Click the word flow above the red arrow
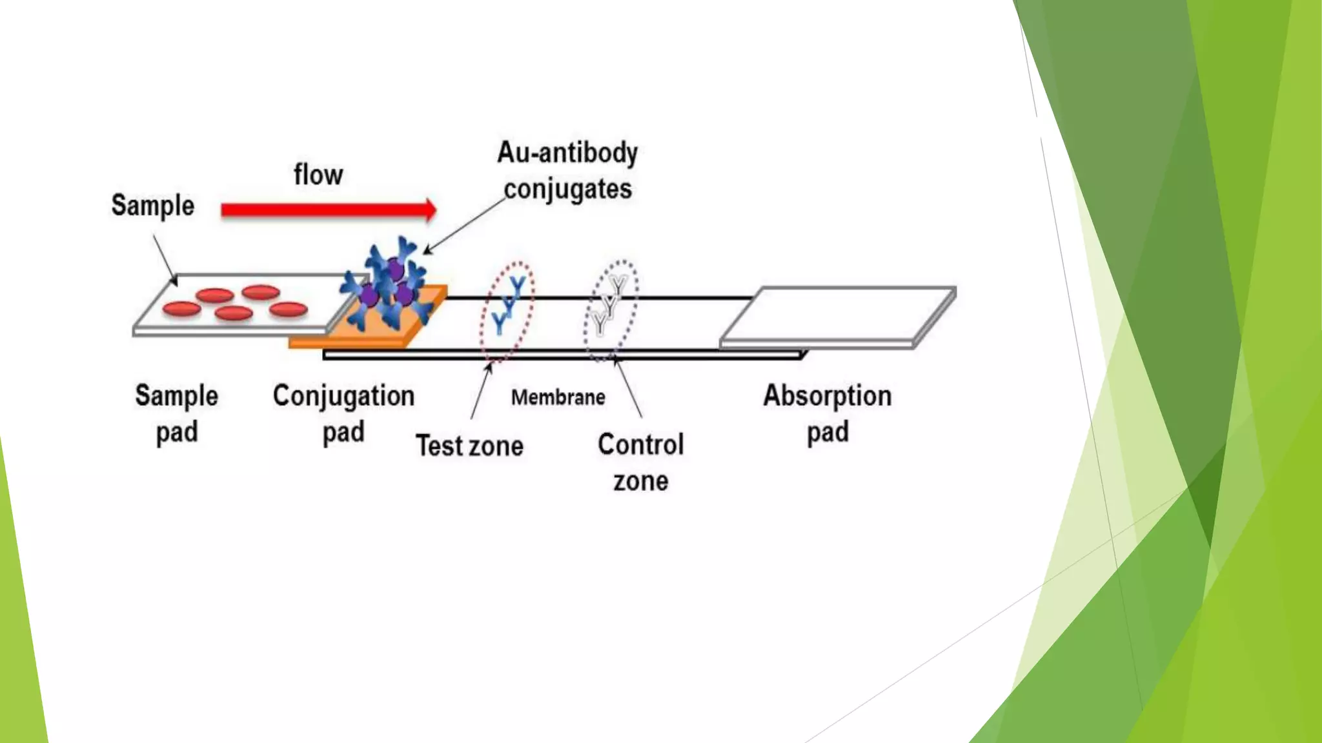[x=318, y=175]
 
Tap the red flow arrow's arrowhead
[x=429, y=210]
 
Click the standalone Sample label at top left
[x=152, y=206]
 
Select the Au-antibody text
[x=567, y=153]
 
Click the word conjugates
[x=567, y=190]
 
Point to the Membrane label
[x=558, y=397]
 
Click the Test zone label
[x=469, y=446]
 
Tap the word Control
[x=640, y=444]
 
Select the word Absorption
[x=827, y=395]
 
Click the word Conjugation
[x=343, y=395]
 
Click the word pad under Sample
[x=177, y=432]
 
